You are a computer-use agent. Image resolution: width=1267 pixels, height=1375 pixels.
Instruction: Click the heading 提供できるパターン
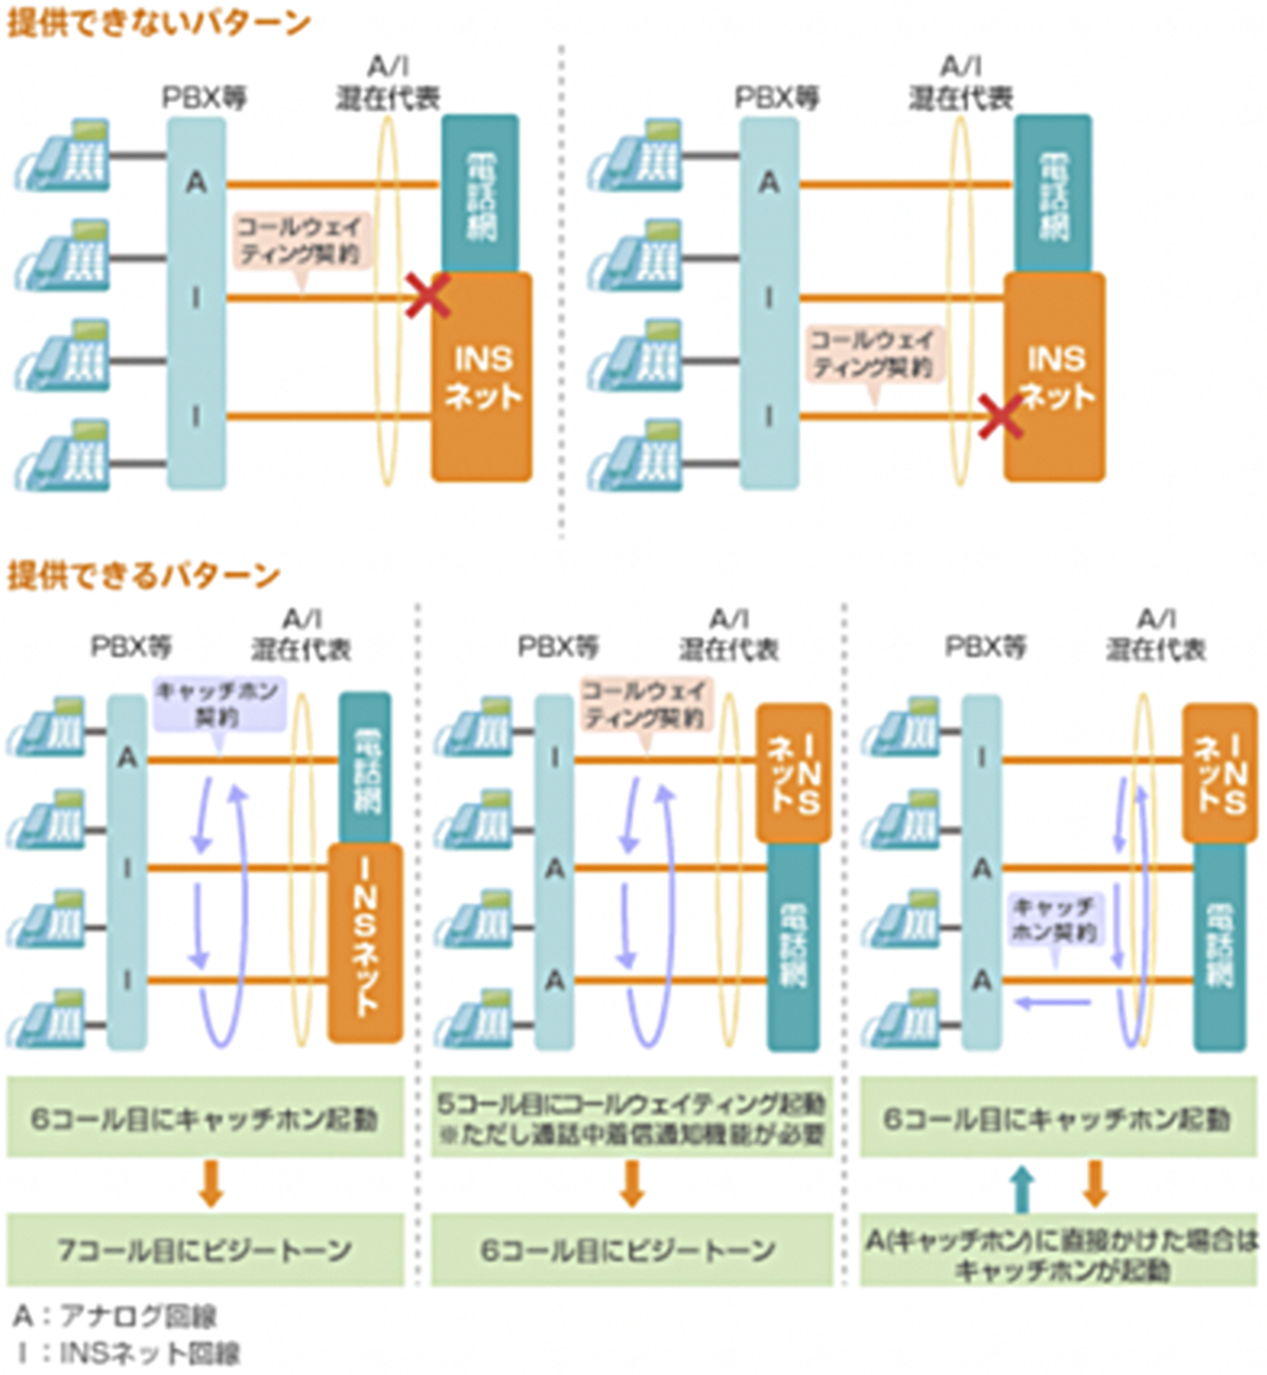(144, 575)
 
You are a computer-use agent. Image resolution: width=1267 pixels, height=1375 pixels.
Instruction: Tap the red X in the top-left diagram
(428, 295)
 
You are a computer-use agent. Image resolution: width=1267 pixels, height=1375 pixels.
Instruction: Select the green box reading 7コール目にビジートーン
(205, 1249)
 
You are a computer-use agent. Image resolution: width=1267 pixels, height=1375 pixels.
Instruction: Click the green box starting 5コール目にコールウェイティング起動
(632, 1117)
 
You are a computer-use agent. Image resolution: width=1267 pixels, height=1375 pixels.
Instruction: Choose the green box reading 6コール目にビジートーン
(632, 1249)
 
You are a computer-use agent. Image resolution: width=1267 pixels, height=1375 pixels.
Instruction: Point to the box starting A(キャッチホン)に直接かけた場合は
(1059, 1254)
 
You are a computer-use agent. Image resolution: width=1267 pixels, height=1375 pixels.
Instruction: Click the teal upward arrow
(1021, 1188)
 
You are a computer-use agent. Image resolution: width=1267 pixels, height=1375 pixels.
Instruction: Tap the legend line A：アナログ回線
(115, 1315)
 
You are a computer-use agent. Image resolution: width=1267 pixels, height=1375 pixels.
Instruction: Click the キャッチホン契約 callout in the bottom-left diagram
(218, 703)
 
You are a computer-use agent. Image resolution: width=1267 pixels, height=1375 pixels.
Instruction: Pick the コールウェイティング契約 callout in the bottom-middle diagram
(646, 703)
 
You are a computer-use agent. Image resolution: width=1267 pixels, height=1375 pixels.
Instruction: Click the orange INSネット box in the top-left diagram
(482, 377)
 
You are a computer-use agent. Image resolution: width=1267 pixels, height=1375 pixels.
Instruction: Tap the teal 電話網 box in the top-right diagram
(1053, 193)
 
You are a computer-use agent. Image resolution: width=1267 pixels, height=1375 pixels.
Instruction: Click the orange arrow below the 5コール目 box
(632, 1183)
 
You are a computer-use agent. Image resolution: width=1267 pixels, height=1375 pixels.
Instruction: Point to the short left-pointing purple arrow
(1053, 1001)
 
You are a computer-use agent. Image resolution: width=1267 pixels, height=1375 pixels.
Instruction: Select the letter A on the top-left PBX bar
(196, 183)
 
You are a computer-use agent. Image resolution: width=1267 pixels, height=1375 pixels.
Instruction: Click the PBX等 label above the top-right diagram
(777, 97)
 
